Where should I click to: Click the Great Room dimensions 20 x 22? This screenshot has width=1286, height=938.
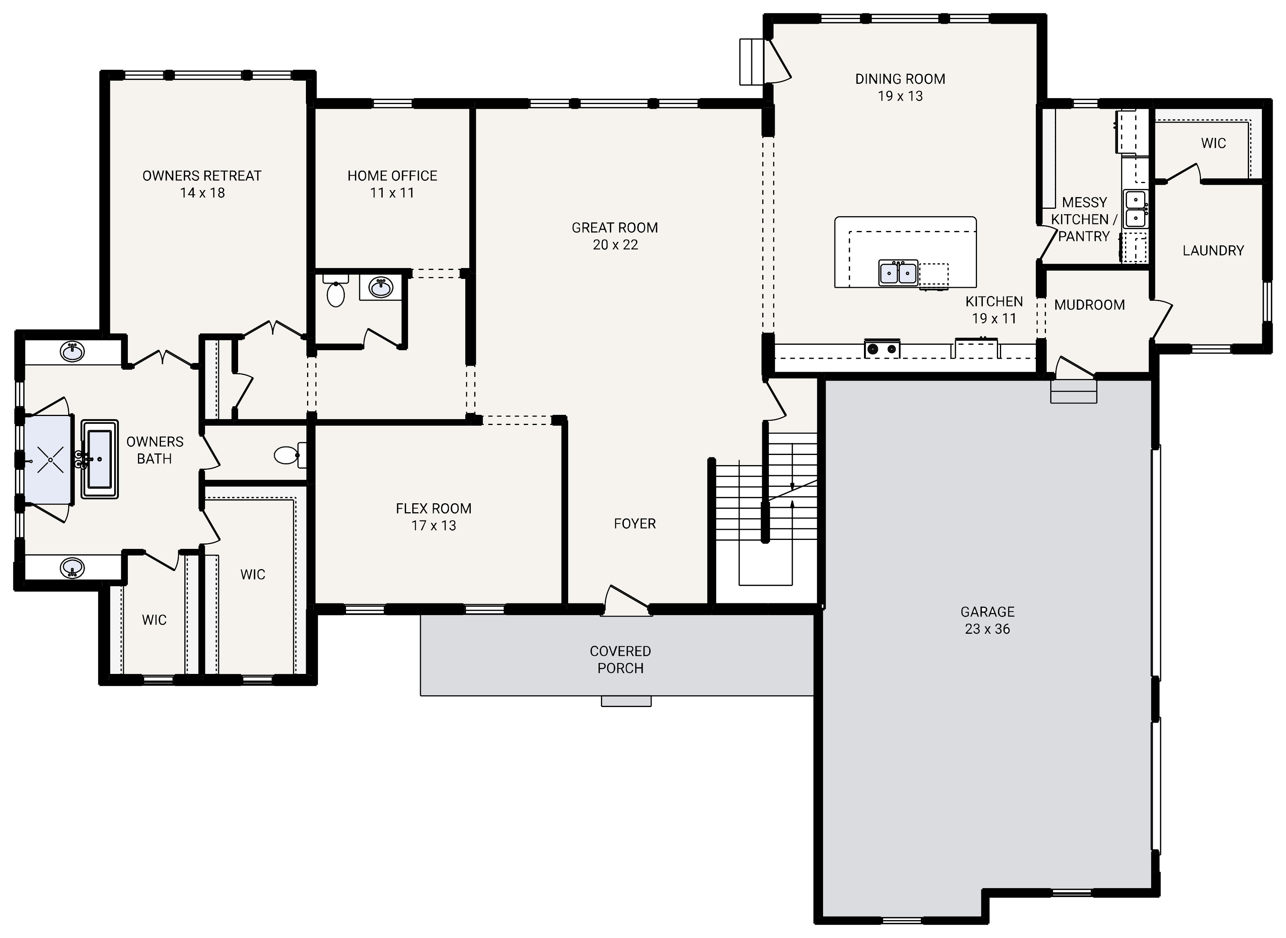pyautogui.click(x=615, y=245)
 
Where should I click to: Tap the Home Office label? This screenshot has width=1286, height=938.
pyautogui.click(x=392, y=176)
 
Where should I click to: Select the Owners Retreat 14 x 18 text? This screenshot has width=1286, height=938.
pyautogui.click(x=202, y=185)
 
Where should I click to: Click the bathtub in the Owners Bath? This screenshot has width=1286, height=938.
pyautogui.click(x=100, y=459)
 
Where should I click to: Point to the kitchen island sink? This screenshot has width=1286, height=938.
pyautogui.click(x=898, y=273)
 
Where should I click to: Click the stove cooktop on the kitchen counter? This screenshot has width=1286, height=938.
pyautogui.click(x=882, y=349)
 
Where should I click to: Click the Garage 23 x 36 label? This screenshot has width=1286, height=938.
pyautogui.click(x=987, y=620)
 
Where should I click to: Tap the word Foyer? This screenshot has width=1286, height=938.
pyautogui.click(x=634, y=524)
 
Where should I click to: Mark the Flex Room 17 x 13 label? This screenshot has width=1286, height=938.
pyautogui.click(x=433, y=517)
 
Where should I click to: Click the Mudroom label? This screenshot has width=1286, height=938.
pyautogui.click(x=1089, y=305)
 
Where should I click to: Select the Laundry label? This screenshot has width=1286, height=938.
pyautogui.click(x=1213, y=250)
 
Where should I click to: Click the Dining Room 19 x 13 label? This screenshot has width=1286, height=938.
pyautogui.click(x=900, y=87)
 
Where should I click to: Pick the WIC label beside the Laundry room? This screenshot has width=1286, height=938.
pyautogui.click(x=1213, y=143)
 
